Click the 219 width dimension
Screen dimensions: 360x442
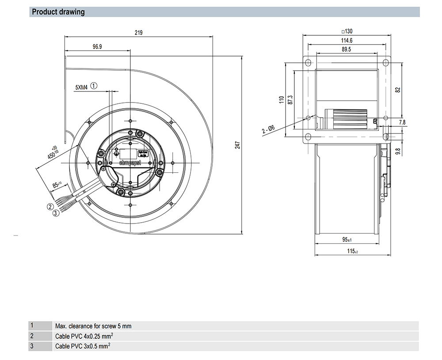tap(139, 33)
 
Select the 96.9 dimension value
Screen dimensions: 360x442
tap(98, 47)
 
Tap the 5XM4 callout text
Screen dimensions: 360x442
tap(82, 87)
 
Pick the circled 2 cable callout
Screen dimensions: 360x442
tap(51, 206)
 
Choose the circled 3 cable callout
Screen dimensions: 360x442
tap(56, 213)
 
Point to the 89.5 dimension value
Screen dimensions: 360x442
tap(346, 49)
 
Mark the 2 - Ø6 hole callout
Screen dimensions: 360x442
tap(268, 129)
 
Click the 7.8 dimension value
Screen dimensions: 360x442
tap(402, 122)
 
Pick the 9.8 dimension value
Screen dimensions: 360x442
tap(398, 151)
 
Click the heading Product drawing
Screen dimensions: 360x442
tap(58, 12)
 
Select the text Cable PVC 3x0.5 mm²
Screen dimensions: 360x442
tap(82, 346)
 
